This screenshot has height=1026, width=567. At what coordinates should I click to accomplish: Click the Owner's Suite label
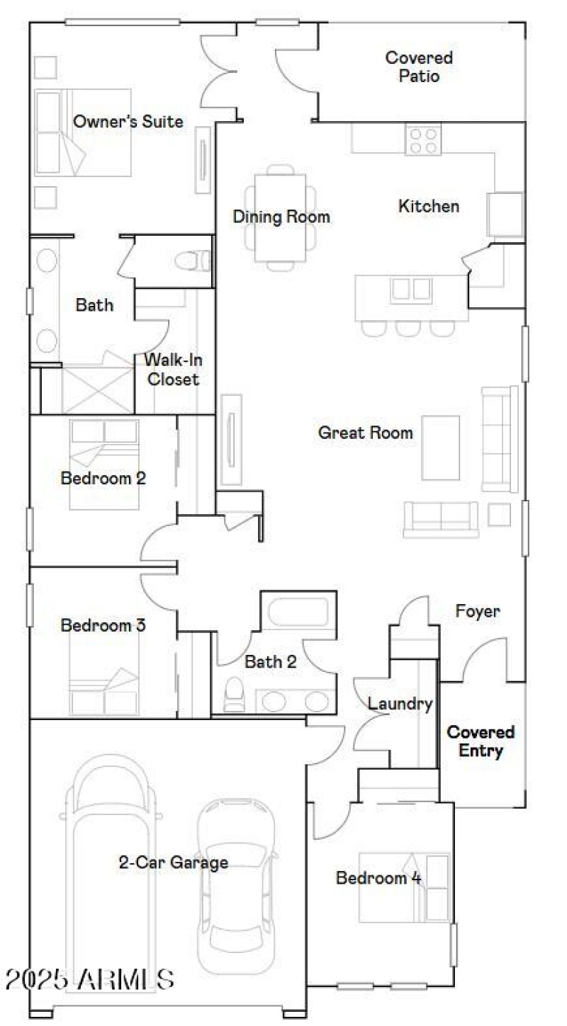(x=128, y=122)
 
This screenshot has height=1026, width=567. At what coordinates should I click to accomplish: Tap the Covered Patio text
(x=419, y=67)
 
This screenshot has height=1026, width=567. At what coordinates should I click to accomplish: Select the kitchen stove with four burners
(x=423, y=139)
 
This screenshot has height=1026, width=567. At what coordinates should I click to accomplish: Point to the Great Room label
(x=365, y=433)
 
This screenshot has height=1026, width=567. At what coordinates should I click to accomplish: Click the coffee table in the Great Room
(x=440, y=448)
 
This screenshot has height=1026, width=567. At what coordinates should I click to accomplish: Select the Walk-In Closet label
(x=172, y=369)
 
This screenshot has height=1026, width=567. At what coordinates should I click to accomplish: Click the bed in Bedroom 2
(x=104, y=464)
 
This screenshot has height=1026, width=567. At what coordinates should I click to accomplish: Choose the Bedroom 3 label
(x=103, y=626)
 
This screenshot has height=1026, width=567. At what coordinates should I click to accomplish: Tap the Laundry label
(x=400, y=704)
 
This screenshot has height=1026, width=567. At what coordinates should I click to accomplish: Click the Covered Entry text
(x=481, y=741)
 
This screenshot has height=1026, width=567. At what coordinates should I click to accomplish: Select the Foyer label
(x=478, y=611)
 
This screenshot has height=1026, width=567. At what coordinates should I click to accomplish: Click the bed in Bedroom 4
(x=404, y=887)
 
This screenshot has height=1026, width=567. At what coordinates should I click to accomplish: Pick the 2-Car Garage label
(x=173, y=862)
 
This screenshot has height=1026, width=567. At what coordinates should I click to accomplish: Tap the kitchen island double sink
(x=411, y=290)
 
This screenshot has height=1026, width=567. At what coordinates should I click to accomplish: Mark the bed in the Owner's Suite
(x=83, y=132)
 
